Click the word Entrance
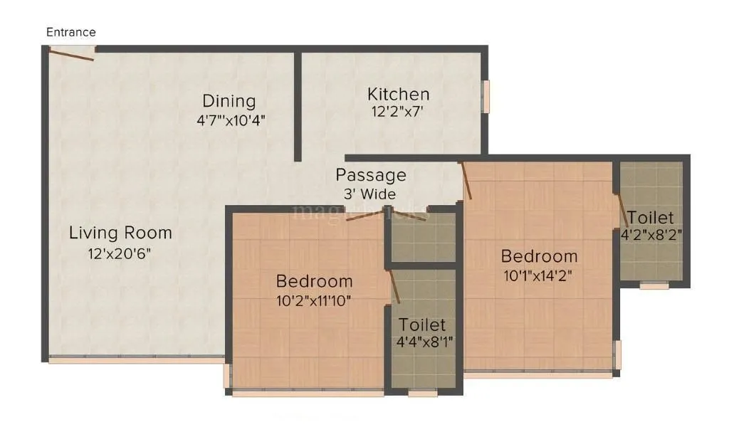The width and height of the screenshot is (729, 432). (71, 32)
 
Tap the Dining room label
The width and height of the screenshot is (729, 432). (229, 100)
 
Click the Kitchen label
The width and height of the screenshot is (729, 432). (398, 94)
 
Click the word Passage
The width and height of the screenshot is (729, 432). (371, 175)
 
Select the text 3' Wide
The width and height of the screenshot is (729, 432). (367, 194)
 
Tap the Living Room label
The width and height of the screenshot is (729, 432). (120, 233)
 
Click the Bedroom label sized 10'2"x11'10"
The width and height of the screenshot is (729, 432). (314, 280)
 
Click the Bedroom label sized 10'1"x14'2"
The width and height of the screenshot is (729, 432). (539, 256)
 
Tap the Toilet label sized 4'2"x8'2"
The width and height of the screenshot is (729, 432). (650, 217)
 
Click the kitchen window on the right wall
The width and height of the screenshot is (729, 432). (487, 96)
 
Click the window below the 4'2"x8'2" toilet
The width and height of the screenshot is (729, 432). (654, 285)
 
